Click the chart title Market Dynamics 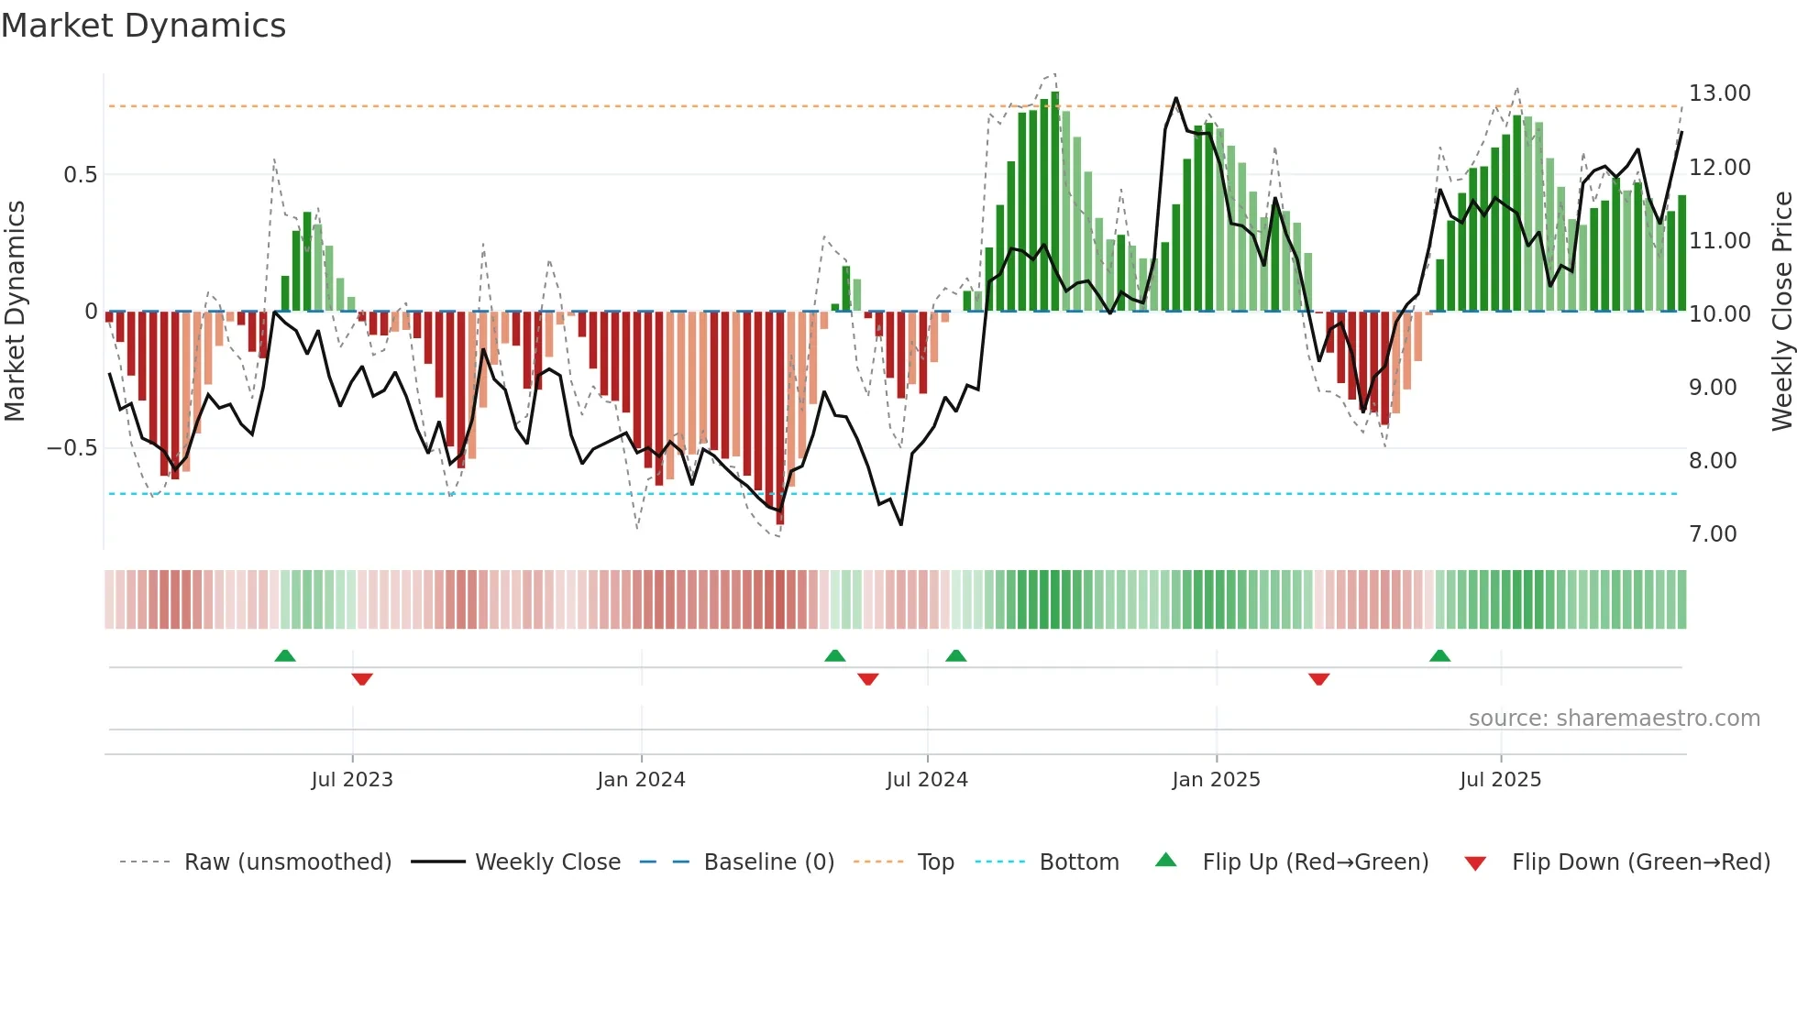[x=143, y=26]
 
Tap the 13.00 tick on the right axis [x=1719, y=93]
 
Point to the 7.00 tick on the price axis [x=1713, y=534]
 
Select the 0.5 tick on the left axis [x=80, y=175]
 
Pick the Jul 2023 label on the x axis [x=352, y=780]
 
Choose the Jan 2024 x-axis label [x=641, y=780]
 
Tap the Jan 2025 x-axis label [x=1216, y=780]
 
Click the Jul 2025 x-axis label [x=1500, y=780]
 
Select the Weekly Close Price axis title [x=1781, y=312]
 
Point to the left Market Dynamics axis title [x=15, y=312]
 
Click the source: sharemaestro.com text [x=1614, y=719]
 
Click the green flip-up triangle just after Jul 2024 [x=955, y=656]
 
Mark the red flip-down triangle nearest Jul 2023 [x=362, y=679]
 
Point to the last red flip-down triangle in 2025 [x=1318, y=679]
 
